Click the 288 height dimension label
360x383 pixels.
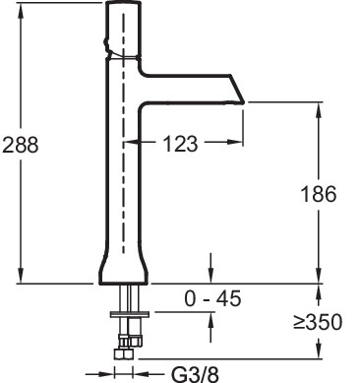coord(21,145)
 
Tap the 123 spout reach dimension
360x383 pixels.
coord(181,144)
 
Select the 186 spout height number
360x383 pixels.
coord(319,194)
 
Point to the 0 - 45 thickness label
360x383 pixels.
coord(212,298)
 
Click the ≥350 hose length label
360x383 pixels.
coord(318,322)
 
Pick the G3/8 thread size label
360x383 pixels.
coord(196,374)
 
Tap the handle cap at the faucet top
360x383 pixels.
coord(123,30)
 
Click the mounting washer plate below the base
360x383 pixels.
coord(130,314)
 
